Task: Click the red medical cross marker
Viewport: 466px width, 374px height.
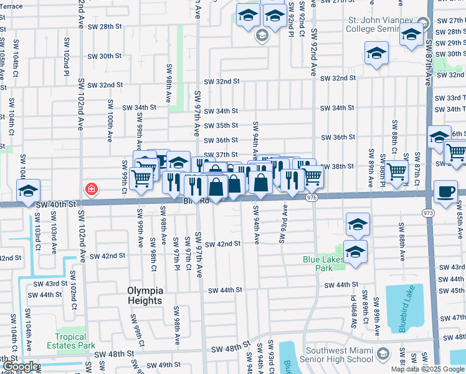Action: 92,188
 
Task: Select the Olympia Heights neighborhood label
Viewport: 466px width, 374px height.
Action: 145,295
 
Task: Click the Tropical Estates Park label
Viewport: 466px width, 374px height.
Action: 75,341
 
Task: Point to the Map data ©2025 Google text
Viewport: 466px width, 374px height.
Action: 427,369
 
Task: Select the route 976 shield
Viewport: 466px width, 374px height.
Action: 312,197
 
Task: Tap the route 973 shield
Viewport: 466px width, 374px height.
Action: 428,213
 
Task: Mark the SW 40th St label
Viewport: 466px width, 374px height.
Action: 55,203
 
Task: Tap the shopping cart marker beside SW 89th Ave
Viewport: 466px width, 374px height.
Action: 396,171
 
